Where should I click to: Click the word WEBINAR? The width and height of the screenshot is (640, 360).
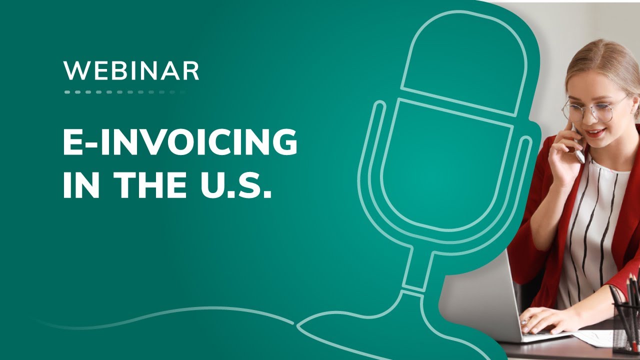(x=131, y=70)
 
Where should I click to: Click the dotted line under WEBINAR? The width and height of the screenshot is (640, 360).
(x=125, y=92)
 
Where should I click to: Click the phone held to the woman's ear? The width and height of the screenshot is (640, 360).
(x=578, y=145)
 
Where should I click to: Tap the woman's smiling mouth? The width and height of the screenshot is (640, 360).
(x=595, y=133)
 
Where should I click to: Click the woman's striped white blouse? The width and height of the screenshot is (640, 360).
(x=595, y=225)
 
